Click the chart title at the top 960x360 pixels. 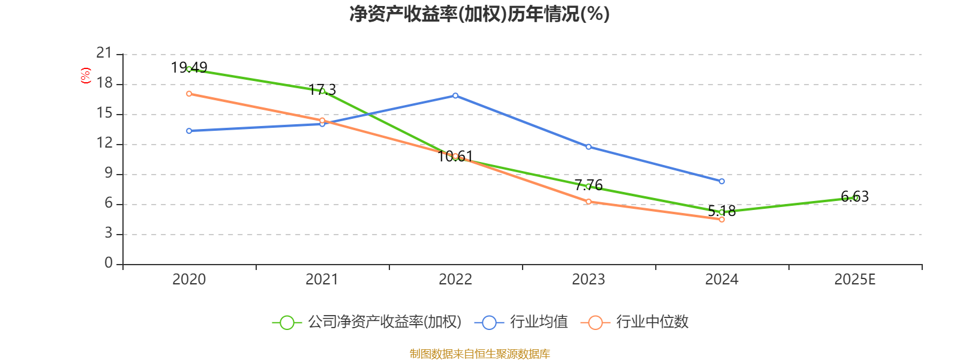pyautogui.click(x=479, y=14)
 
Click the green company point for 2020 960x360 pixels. pyautogui.click(x=189, y=69)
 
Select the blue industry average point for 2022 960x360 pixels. pyautogui.click(x=455, y=95)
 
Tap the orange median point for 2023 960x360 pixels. pyautogui.click(x=589, y=202)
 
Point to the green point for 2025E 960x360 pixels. pyautogui.click(x=855, y=197)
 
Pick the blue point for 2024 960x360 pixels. pyautogui.click(x=722, y=181)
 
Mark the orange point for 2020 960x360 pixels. pyautogui.click(x=189, y=94)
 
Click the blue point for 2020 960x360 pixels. pyautogui.click(x=189, y=131)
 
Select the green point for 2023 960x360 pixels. pyautogui.click(x=589, y=187)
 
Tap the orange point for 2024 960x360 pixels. pyautogui.click(x=722, y=220)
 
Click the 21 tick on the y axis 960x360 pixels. pyautogui.click(x=104, y=54)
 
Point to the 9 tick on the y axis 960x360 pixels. pyautogui.click(x=109, y=174)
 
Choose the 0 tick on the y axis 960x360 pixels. pyautogui.click(x=109, y=263)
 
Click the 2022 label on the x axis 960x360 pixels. pyautogui.click(x=455, y=280)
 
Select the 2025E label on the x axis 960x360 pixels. pyautogui.click(x=855, y=280)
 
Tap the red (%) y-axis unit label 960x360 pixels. pyautogui.click(x=86, y=76)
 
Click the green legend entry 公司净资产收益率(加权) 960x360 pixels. pyautogui.click(x=367, y=322)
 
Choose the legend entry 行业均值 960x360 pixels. pyautogui.click(x=521, y=322)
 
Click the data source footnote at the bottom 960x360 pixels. pyautogui.click(x=479, y=354)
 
